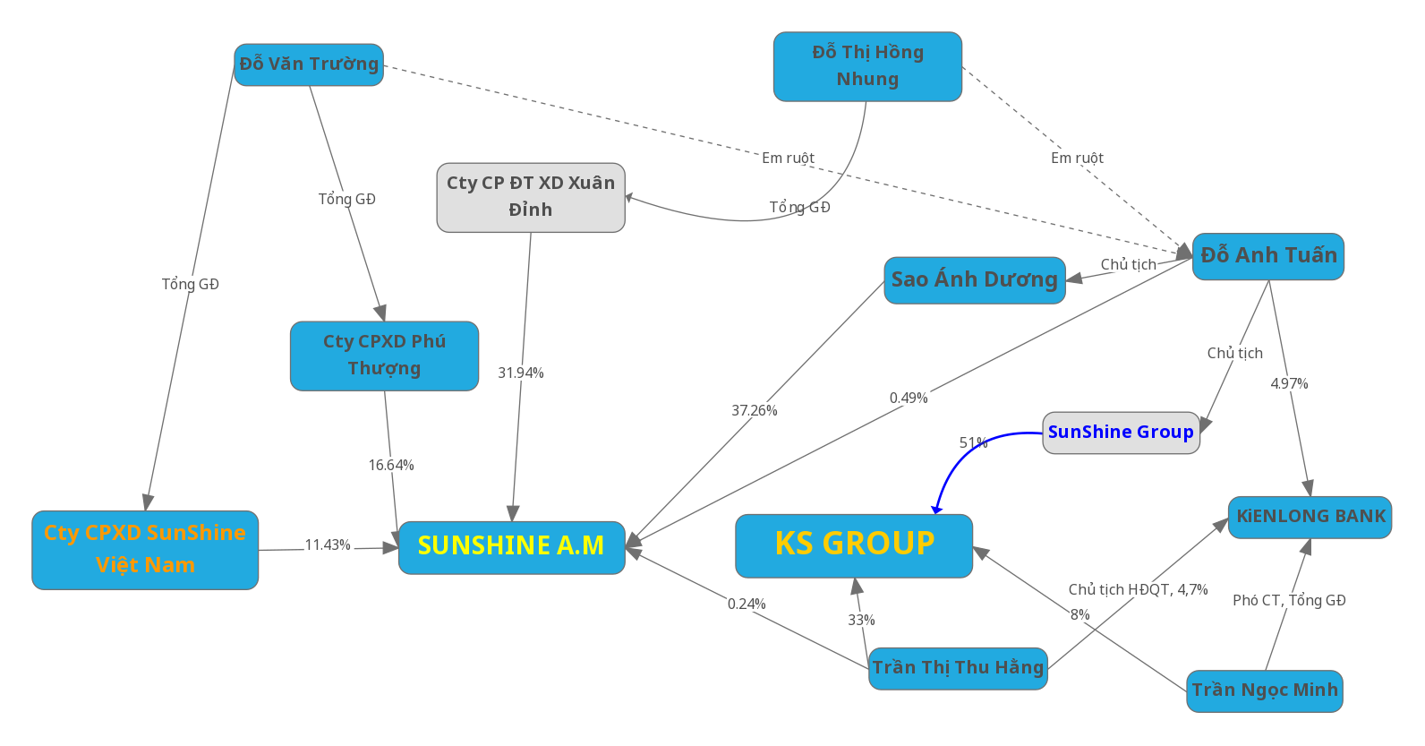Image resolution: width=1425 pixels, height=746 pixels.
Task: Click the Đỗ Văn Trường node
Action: tap(309, 64)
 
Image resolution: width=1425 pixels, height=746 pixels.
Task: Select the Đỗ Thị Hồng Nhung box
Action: tap(867, 66)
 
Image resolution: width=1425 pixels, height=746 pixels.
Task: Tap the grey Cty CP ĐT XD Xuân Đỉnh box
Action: tap(531, 197)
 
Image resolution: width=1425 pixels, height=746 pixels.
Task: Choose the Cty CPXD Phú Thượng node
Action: tap(384, 356)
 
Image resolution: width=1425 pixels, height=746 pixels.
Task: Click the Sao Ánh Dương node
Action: tap(974, 280)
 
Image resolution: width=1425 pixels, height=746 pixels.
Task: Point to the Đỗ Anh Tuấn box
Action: tap(1268, 256)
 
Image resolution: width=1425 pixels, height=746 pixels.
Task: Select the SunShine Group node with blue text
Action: tap(1121, 433)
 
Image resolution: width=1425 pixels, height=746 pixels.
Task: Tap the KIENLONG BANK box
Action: tap(1310, 517)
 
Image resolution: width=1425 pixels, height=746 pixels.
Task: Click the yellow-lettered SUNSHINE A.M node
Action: tap(511, 546)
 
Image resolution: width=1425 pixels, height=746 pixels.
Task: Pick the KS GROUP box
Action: tap(854, 544)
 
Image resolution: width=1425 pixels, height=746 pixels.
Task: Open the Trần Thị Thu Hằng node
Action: tap(958, 668)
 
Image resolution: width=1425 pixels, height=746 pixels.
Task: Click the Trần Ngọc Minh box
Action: tap(1264, 690)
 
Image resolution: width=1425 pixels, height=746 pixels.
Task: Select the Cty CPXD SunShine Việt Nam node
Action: tap(145, 549)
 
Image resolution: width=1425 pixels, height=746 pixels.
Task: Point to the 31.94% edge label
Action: tap(521, 373)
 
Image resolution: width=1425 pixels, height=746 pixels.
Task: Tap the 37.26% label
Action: tap(755, 410)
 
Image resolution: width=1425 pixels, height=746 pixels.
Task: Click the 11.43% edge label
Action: tap(328, 544)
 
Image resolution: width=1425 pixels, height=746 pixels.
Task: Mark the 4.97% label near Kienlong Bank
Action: tap(1289, 383)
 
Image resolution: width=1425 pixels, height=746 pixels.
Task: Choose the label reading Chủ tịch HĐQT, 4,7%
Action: tap(1138, 589)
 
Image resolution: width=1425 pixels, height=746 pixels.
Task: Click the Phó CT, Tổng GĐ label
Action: tap(1289, 600)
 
